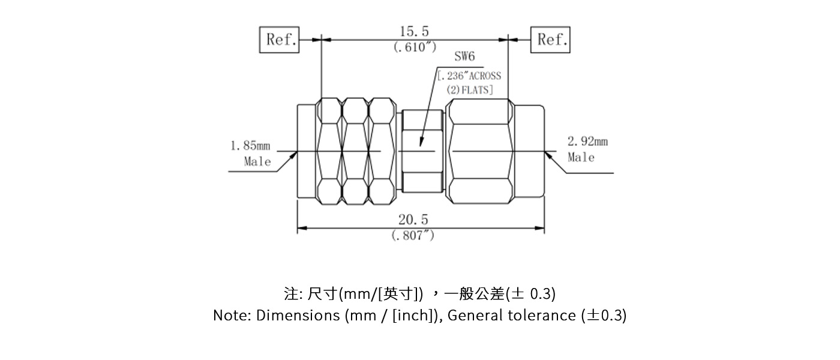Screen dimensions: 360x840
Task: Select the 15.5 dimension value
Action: (415, 32)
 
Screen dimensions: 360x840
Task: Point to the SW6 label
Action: (464, 57)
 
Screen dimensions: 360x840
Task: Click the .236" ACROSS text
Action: (469, 76)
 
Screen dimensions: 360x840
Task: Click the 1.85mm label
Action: (250, 146)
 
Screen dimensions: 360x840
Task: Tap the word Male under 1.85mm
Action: (257, 161)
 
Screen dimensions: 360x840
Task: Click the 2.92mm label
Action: (587, 142)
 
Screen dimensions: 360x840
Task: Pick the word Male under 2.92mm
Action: (581, 157)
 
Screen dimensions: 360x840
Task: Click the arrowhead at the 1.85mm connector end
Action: (295, 154)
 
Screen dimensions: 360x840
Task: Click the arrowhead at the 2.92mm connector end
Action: (548, 155)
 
